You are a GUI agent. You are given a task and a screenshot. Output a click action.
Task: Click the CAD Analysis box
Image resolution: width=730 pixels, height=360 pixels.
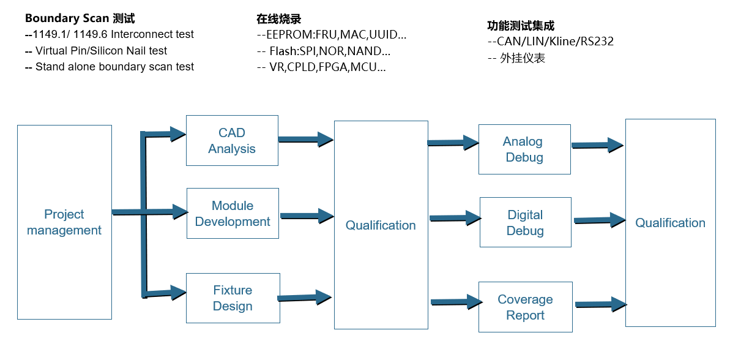coord(232,140)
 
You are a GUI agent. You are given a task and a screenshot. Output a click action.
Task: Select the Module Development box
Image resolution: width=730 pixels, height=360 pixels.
coord(233,213)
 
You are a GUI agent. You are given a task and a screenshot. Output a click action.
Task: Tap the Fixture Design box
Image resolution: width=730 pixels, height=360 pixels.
coord(233,298)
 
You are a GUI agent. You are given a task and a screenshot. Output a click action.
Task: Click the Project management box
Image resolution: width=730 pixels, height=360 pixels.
coord(64,222)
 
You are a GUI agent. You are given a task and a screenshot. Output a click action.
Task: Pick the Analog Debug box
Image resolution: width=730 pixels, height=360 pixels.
coord(524,149)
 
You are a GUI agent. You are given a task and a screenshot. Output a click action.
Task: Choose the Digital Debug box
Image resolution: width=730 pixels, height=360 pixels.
coord(525,222)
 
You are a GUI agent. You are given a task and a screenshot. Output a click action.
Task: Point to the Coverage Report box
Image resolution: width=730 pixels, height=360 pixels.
coord(525,307)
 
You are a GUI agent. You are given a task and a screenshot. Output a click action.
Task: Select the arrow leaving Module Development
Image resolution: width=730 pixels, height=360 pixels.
coord(307,216)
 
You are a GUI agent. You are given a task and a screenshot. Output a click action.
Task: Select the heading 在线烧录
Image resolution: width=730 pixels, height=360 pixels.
coord(279,19)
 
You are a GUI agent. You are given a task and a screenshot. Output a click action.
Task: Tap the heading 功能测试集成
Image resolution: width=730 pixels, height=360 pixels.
coord(521,26)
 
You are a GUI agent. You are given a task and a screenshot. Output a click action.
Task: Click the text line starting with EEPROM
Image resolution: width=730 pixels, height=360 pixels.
coord(332,35)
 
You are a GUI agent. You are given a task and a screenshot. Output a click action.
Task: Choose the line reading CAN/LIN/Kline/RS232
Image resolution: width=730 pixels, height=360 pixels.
coord(551,42)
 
